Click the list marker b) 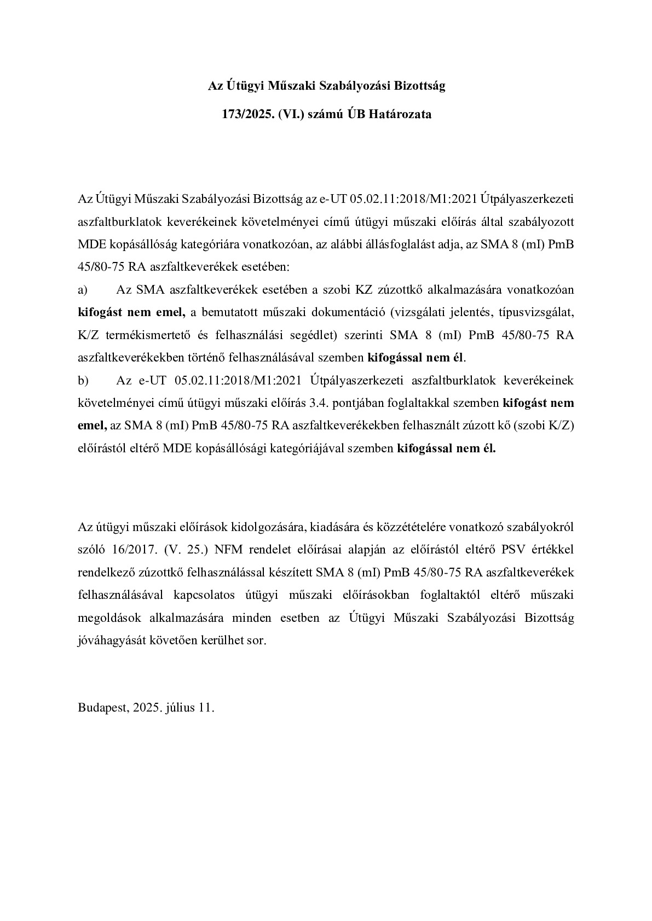coord(83,380)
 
